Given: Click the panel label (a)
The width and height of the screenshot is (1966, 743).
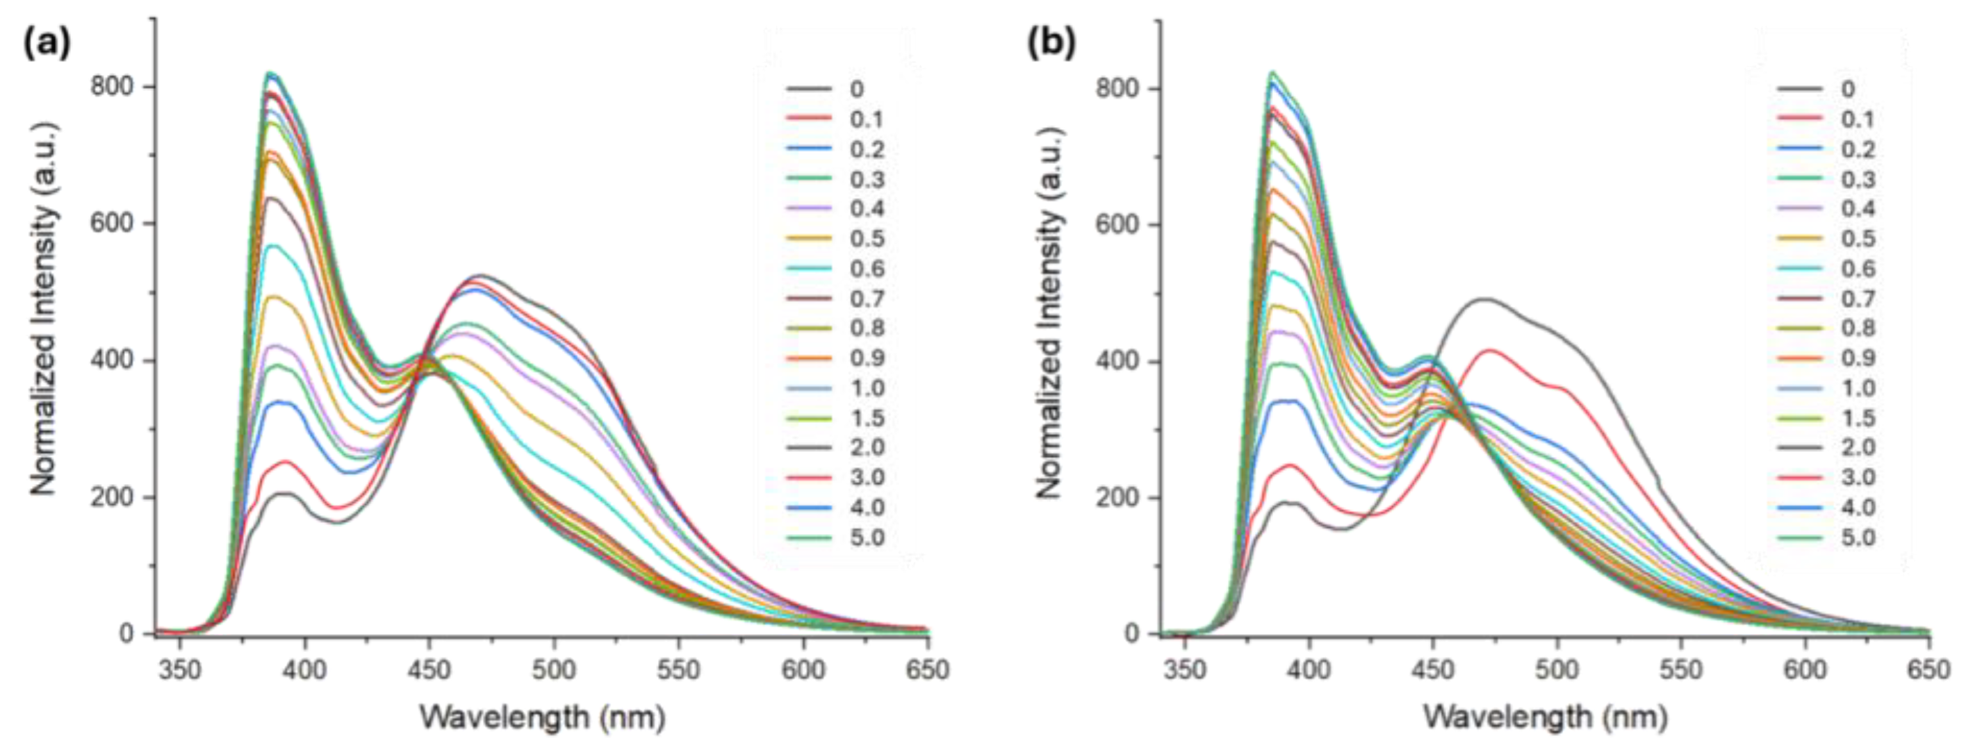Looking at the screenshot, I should coord(47,45).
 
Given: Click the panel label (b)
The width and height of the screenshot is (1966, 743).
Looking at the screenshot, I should coord(1051,45).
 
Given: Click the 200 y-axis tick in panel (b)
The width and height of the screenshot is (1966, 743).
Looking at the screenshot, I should coord(1117,497).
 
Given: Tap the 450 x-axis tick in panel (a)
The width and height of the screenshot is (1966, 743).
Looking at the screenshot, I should coord(429,670).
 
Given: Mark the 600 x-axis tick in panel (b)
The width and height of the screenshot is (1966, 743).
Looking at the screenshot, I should coord(1805,670).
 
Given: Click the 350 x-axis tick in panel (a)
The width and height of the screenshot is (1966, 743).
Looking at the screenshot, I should coord(180,670).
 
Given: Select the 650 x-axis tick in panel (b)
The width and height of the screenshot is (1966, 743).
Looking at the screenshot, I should coord(1928,670).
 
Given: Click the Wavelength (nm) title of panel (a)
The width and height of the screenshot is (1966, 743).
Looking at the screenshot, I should coord(543,717).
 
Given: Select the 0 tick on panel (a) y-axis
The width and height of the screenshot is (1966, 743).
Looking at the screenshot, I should coord(126,634).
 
